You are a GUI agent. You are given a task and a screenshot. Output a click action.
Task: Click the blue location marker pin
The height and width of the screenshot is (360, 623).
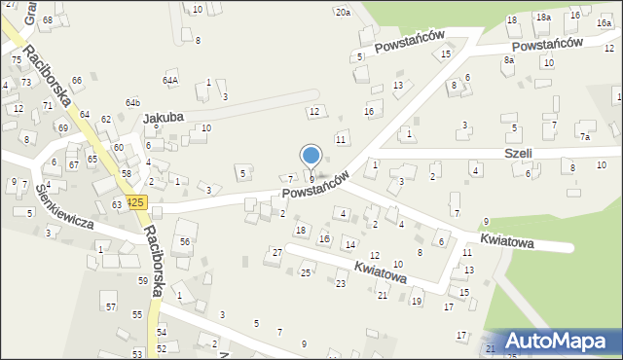[311, 156]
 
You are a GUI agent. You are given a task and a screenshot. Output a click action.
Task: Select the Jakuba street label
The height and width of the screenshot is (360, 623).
[164, 119]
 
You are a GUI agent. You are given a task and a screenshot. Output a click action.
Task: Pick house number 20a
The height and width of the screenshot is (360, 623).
[343, 12]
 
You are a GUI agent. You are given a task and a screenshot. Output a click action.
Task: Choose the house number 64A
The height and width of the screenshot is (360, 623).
[170, 80]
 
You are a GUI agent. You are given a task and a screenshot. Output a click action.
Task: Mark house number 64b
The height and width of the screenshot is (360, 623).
[132, 102]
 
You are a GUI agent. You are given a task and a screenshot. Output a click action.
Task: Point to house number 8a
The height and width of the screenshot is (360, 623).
[508, 60]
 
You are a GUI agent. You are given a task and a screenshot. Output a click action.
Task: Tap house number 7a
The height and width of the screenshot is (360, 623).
[585, 137]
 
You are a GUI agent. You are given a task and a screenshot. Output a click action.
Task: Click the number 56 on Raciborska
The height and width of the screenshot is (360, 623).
[184, 240]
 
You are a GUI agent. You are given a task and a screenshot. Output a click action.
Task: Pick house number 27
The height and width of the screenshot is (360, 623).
[277, 252]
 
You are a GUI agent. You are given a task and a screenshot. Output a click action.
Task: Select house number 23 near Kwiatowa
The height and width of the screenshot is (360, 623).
[341, 283]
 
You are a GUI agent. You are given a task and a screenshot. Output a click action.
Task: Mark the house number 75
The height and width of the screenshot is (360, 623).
[16, 60]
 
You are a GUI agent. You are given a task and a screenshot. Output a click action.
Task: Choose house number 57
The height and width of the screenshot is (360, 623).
[111, 306]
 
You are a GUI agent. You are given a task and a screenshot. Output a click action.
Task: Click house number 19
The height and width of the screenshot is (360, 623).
[417, 302]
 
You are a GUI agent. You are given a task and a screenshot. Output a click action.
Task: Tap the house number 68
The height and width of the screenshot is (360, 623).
[47, 19]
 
